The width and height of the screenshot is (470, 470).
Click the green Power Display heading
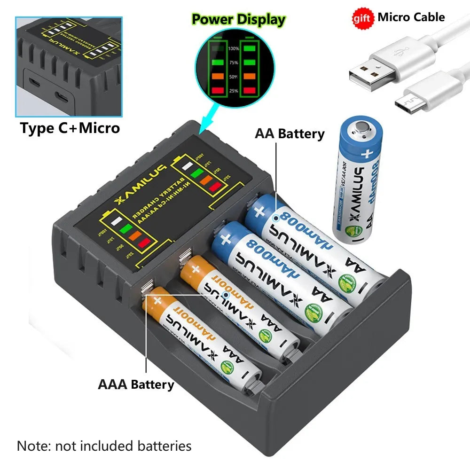[239, 19]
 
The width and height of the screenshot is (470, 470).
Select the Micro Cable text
[411, 17]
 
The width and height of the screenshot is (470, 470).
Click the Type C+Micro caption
[70, 128]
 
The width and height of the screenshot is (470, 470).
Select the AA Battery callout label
[290, 133]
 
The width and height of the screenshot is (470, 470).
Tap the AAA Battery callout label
[136, 384]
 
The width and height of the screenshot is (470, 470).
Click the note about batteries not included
[104, 446]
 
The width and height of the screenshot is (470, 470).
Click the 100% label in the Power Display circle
[234, 48]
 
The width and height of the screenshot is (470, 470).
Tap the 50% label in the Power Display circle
[234, 76]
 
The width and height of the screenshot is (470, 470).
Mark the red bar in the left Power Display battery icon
[217, 89]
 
